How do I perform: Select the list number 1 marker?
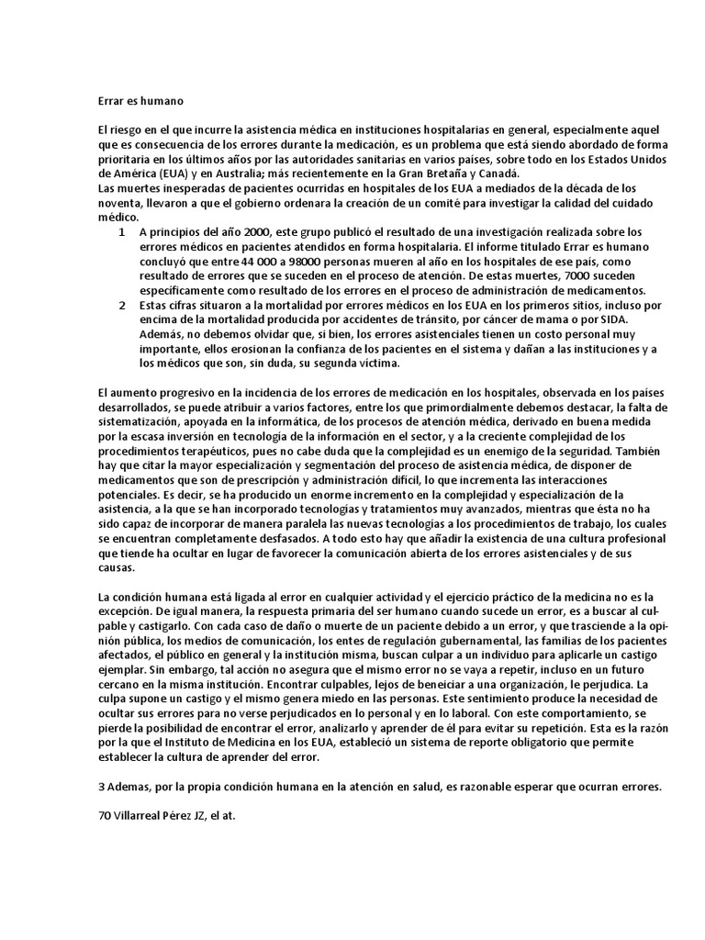tap(121, 232)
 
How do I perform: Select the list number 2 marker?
tap(121, 305)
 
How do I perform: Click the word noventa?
tap(117, 203)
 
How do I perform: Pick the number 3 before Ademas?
tap(100, 789)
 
